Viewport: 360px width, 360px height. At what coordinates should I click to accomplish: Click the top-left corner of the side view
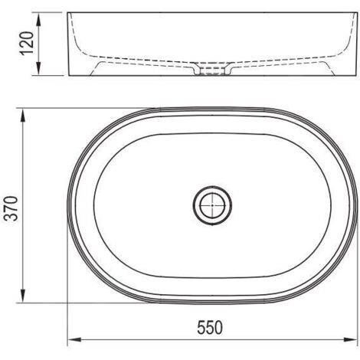pyautogui.click(x=70, y=13)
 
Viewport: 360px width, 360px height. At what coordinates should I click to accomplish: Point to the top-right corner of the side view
pyautogui.click(x=349, y=13)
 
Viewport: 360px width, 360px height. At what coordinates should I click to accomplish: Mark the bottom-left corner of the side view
pyautogui.click(x=70, y=77)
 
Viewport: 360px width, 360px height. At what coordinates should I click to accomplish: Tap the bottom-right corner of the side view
pyautogui.click(x=349, y=77)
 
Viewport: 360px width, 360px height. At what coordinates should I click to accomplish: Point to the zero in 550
pyautogui.click(x=221, y=329)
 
